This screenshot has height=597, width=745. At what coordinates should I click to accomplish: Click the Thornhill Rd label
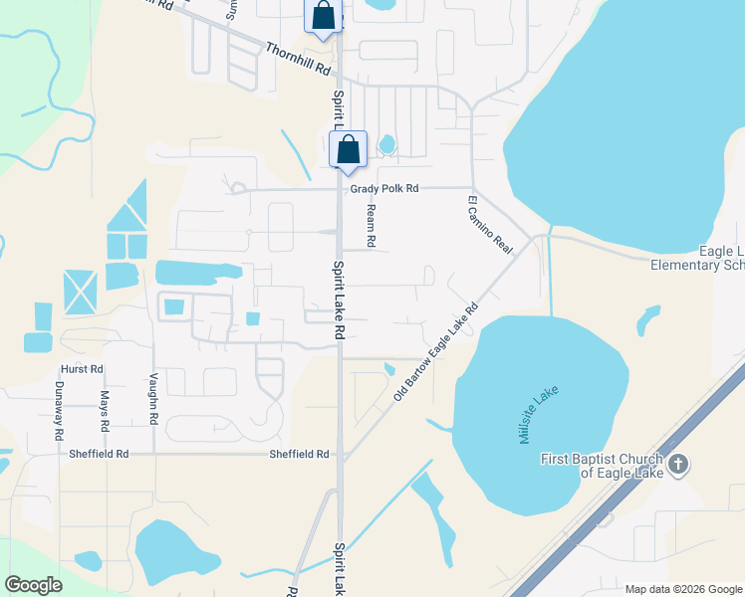click(x=297, y=59)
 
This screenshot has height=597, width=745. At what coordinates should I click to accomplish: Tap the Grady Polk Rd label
click(x=384, y=188)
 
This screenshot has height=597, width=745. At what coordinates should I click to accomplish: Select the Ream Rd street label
click(x=371, y=226)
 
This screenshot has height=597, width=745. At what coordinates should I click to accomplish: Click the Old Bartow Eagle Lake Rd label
click(x=436, y=352)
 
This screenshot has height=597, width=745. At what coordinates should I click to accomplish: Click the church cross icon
click(x=678, y=464)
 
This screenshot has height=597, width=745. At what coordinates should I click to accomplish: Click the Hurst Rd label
click(x=82, y=369)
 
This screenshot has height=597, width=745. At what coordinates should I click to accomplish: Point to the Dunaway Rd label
click(x=59, y=411)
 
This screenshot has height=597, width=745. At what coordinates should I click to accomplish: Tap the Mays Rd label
click(x=105, y=411)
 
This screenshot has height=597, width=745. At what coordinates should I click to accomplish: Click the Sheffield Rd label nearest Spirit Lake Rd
click(x=299, y=455)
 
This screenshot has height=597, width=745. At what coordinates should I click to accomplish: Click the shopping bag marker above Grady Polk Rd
click(x=348, y=150)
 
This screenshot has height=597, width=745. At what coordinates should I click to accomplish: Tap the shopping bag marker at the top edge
click(x=323, y=16)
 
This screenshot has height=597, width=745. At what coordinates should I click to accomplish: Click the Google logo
click(x=34, y=585)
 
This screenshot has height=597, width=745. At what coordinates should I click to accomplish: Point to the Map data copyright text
click(x=684, y=589)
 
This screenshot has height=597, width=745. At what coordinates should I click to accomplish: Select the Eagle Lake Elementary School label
click(x=696, y=259)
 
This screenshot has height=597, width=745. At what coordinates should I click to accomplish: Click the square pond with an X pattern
click(x=80, y=293)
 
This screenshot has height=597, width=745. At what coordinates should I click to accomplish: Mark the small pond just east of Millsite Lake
click(x=647, y=319)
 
